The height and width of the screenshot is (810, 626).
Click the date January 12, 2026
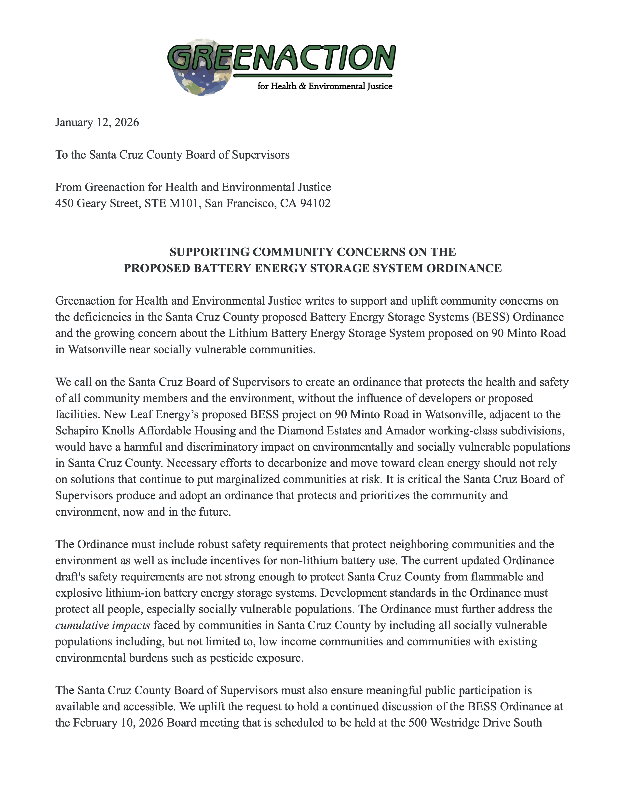[97, 122]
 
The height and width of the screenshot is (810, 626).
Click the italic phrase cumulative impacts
[102, 626]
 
